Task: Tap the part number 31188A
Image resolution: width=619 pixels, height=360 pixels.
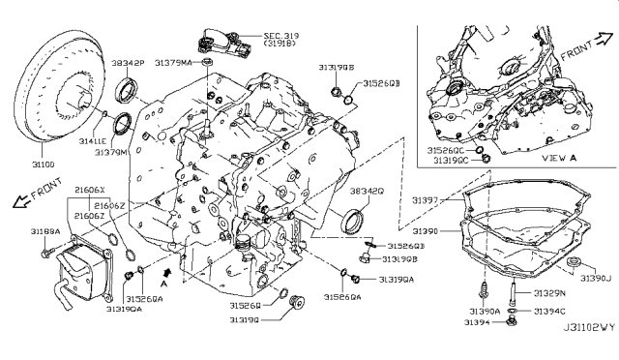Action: click(x=44, y=232)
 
